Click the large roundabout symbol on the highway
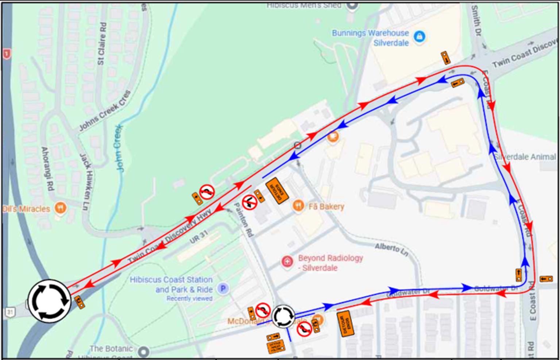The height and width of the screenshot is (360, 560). (x=49, y=301)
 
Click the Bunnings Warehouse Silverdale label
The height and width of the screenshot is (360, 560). (x=370, y=38)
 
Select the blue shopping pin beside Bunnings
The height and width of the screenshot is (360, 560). (x=420, y=36)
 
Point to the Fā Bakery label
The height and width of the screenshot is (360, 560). (x=326, y=207)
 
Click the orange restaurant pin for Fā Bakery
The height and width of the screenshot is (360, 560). (x=298, y=206)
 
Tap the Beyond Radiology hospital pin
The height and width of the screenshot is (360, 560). (x=287, y=262)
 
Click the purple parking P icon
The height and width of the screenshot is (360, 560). (x=223, y=289)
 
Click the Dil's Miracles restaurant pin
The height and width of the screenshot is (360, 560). (x=60, y=208)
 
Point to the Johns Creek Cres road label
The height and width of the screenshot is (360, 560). (x=105, y=111)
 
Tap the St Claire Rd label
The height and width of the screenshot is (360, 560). (x=102, y=44)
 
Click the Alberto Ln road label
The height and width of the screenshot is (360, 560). (x=391, y=249)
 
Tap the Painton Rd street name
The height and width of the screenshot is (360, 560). (x=243, y=220)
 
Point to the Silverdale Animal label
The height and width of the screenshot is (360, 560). (x=525, y=157)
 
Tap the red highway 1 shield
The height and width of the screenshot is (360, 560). (x=6, y=54)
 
